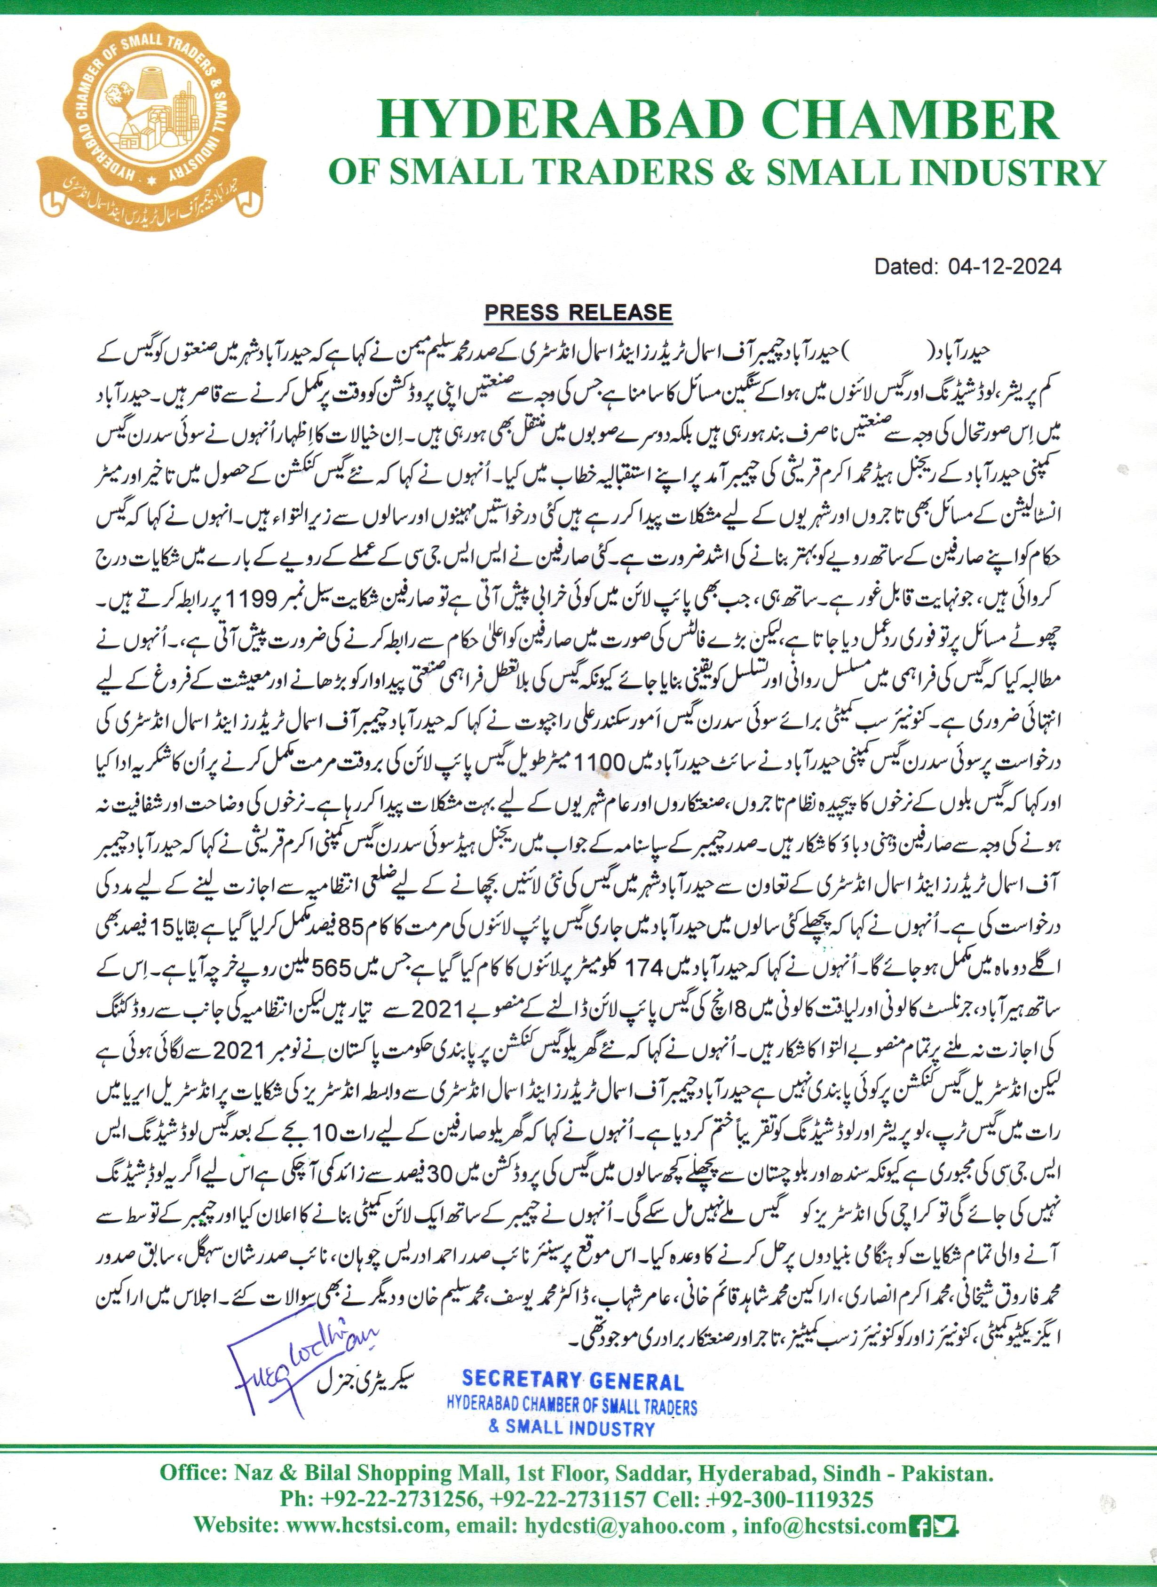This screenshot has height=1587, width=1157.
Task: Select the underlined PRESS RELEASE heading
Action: point(578,312)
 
